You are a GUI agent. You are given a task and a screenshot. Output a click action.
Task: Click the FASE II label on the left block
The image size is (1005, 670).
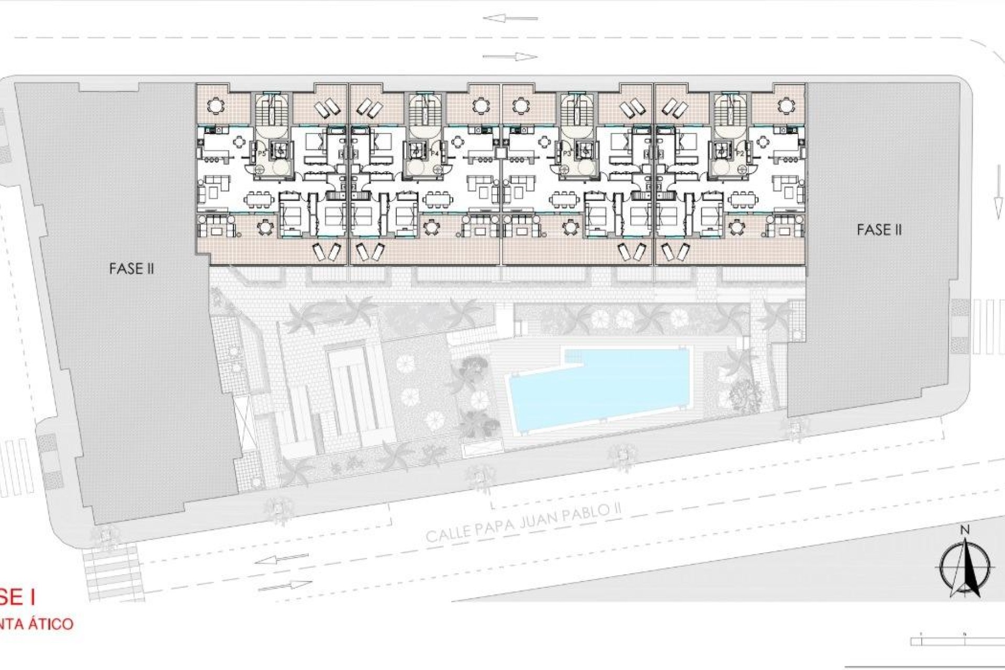coord(131,269)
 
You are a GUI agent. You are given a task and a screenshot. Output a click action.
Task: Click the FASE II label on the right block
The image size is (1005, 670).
coord(879,230)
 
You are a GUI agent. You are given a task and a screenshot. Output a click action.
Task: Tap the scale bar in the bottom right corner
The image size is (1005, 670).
coord(958,655)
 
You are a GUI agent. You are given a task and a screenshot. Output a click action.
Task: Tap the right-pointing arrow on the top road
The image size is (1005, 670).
coord(510,57)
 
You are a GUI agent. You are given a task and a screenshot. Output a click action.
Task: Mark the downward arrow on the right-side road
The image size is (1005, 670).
coord(994,206)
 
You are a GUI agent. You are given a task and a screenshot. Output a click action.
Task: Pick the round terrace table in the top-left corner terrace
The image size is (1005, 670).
coord(215,106)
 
